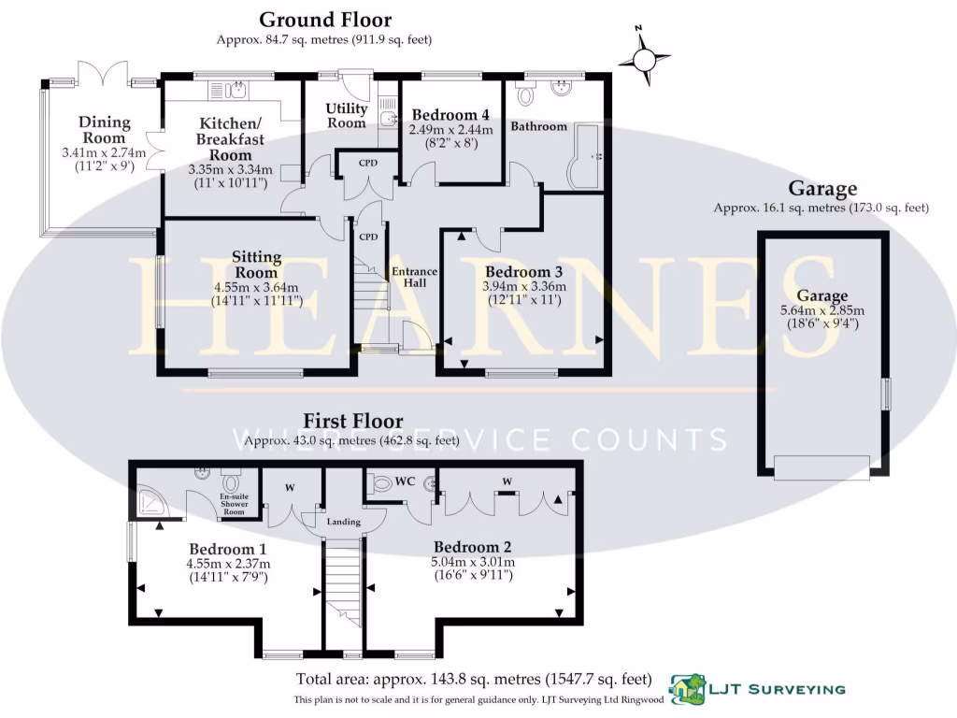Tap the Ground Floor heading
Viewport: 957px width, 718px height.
point(324,20)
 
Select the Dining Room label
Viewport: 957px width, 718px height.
point(104,130)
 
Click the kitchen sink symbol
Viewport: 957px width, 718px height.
point(234,90)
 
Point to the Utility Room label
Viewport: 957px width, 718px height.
point(346,116)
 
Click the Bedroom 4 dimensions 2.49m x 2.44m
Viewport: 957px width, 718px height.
point(451,130)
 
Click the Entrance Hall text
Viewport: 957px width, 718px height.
point(414,277)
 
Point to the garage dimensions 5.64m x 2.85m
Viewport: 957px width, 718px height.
point(822,311)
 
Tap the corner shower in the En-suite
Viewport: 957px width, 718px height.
point(152,504)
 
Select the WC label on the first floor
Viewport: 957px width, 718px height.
point(405,481)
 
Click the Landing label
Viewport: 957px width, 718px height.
point(343,521)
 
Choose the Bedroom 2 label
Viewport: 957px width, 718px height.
point(472,546)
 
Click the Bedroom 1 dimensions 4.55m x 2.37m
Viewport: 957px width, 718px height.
point(228,564)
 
